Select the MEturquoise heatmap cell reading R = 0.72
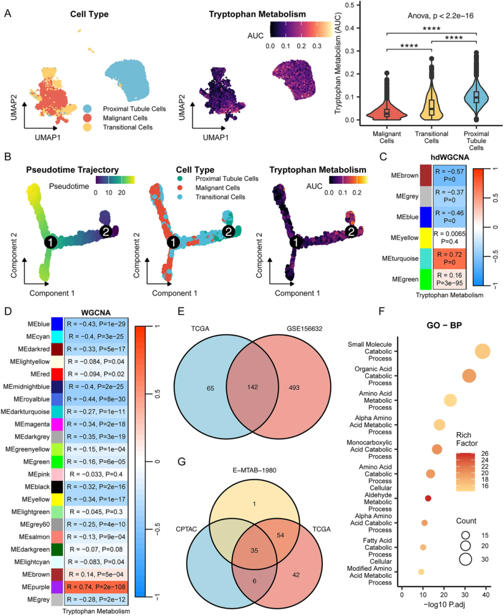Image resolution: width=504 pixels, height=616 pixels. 449,258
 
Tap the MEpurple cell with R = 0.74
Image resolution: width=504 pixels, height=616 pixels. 96,587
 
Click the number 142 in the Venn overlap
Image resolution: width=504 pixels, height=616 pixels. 252,387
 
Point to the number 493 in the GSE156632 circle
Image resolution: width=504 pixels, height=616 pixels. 294,388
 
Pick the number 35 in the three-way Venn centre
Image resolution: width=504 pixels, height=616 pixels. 254,550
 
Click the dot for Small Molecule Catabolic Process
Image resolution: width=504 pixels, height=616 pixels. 483,351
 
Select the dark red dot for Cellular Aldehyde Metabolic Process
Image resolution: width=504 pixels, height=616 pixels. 428,498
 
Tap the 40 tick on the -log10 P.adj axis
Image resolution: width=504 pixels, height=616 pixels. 486,595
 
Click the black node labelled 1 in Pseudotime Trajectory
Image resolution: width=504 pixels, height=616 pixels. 51,242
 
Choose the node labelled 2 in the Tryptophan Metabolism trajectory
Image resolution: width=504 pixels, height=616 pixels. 351,231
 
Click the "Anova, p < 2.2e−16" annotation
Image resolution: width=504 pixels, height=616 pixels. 441,16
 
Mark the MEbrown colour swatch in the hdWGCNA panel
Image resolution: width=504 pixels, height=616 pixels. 426,175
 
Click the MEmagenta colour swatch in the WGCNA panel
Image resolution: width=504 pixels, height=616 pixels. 57,424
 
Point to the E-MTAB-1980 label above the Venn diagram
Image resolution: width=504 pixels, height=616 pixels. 254,470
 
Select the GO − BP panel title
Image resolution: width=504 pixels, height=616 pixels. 444,325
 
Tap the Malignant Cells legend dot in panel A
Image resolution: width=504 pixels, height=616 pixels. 87,118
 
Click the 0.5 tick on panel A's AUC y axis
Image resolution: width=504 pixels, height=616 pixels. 350,5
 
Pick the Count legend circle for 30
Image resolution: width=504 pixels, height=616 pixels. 465,559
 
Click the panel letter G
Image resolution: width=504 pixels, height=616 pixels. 182,462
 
